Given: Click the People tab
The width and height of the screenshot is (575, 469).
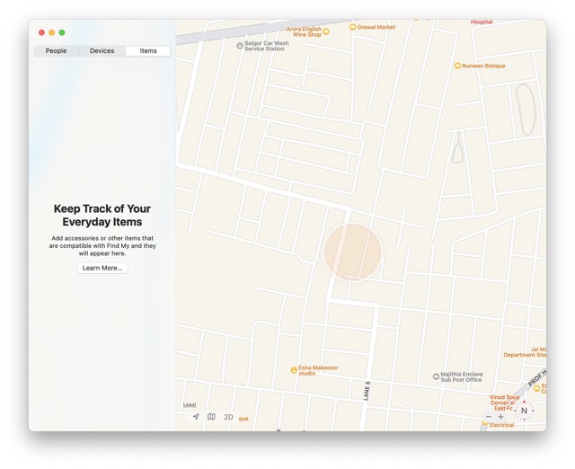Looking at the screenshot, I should pyautogui.click(x=56, y=51).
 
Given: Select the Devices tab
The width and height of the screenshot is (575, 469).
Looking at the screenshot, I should pyautogui.click(x=102, y=51).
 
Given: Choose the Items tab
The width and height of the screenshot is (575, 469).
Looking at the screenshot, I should pyautogui.click(x=148, y=51).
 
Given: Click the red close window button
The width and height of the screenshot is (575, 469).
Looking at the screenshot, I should pyautogui.click(x=41, y=32).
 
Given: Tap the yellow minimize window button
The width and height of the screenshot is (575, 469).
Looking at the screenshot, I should pyautogui.click(x=52, y=32).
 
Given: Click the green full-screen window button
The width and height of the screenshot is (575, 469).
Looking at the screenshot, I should pyautogui.click(x=62, y=32).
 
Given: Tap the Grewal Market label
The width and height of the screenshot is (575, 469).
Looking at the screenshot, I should pyautogui.click(x=376, y=28).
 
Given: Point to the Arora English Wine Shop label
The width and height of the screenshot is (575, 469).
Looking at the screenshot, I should pyautogui.click(x=304, y=31).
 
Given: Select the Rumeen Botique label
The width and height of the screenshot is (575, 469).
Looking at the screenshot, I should pyautogui.click(x=483, y=66).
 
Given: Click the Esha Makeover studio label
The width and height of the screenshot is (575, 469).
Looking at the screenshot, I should pyautogui.click(x=318, y=370).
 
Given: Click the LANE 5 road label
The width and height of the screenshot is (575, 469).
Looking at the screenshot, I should pyautogui.click(x=367, y=391).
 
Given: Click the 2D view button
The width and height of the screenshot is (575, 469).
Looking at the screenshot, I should pyautogui.click(x=228, y=417).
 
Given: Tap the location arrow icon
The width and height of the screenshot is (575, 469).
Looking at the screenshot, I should pyautogui.click(x=196, y=417).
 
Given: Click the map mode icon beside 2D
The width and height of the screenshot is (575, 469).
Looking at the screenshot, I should pyautogui.click(x=211, y=417).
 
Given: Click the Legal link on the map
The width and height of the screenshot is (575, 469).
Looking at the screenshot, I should pyautogui.click(x=190, y=405).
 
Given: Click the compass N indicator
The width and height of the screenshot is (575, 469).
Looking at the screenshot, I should pyautogui.click(x=524, y=411).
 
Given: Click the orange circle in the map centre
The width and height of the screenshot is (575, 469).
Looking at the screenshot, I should pyautogui.click(x=352, y=252).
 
